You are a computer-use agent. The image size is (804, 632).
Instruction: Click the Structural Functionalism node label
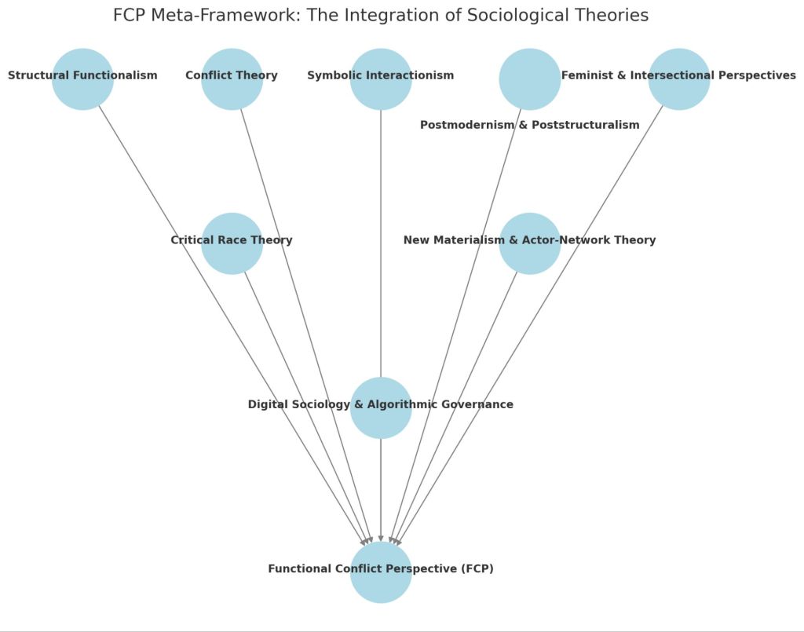[82, 76]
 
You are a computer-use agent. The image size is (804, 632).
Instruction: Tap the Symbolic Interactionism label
[380, 76]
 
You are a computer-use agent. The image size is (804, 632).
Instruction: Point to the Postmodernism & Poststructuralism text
[529, 125]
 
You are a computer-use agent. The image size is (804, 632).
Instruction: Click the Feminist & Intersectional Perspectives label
[678, 76]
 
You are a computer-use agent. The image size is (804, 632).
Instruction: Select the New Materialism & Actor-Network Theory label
[529, 240]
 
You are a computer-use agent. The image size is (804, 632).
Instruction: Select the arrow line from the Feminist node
[550, 298]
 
